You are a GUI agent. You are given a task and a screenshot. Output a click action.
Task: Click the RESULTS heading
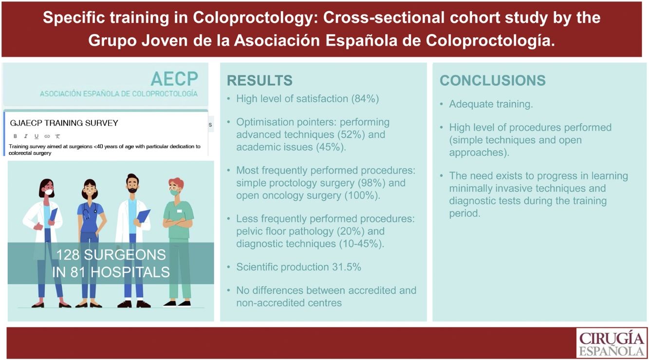pos(260,80)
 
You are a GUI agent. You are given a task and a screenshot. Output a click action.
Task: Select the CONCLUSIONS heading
pos(493,80)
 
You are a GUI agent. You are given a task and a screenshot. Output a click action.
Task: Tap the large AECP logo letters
pos(174,78)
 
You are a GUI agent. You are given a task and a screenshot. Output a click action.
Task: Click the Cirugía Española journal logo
pos(612,343)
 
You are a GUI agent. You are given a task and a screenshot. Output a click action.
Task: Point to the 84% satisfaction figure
pos(365,99)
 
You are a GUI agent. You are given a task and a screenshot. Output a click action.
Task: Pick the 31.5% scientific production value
pos(347,267)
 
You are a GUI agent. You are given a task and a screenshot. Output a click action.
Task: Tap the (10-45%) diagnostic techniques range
pos(362,244)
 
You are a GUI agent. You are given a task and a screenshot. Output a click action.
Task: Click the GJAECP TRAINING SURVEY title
pos(64,123)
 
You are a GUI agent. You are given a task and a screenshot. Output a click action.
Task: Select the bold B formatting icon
pos(16,136)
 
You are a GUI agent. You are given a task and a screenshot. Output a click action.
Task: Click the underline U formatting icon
pos(36,136)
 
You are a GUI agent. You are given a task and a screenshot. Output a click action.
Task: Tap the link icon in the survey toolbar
pos(47,136)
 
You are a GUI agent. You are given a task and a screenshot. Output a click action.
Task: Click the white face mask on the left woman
pos(49,191)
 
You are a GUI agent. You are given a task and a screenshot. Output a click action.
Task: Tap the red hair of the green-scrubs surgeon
pos(177,183)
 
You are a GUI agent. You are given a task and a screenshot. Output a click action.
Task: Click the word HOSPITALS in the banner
pos(130,272)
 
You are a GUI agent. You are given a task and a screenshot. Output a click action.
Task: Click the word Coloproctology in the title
pos(255,18)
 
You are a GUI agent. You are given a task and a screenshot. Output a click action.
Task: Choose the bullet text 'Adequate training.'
pos(491,104)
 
